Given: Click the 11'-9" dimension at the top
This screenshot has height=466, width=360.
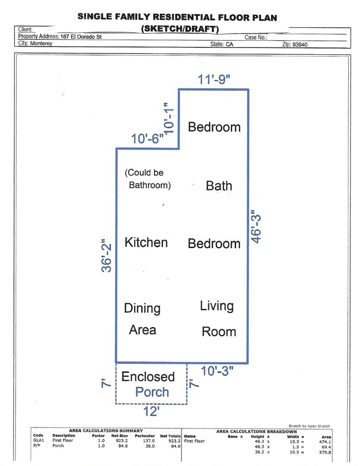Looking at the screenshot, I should [x=215, y=80].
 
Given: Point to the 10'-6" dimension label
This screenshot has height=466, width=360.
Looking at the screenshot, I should [x=148, y=139].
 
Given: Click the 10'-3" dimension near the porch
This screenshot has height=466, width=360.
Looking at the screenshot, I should [x=218, y=371].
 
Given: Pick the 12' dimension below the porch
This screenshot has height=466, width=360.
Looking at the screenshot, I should [x=152, y=412].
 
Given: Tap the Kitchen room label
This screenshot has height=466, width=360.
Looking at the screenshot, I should [x=146, y=242].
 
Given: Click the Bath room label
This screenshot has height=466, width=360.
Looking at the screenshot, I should [x=219, y=186].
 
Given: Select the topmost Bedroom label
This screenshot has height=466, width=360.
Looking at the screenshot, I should [x=214, y=127].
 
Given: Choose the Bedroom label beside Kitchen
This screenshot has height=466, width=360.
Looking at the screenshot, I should [x=214, y=243].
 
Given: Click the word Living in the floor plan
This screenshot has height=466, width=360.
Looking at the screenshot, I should [x=217, y=306].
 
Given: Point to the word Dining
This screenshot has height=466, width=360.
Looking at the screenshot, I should [x=142, y=309].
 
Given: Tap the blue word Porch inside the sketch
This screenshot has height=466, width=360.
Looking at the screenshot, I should [x=152, y=392].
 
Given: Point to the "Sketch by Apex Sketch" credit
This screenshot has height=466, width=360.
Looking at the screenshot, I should [x=309, y=426].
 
